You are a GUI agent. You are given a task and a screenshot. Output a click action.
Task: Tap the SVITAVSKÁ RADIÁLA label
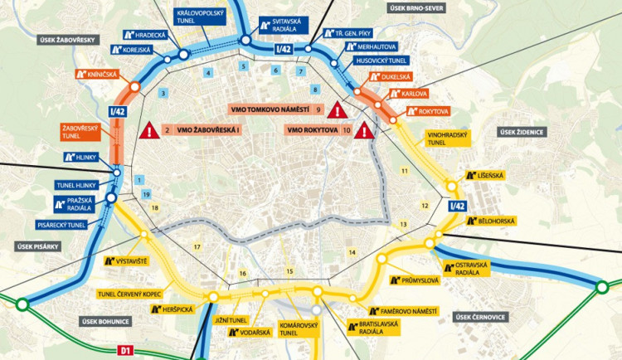(280, 25)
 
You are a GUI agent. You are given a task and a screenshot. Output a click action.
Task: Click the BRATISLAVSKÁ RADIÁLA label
(370, 328)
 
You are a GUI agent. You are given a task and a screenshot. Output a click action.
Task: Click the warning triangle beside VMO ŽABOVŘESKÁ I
(150, 130)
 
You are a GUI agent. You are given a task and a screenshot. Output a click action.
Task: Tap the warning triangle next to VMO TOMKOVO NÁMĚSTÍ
(337, 110)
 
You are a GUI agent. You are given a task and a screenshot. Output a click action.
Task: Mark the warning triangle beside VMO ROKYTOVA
(363, 130)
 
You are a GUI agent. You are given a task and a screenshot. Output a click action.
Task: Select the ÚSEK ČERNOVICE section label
(479, 316)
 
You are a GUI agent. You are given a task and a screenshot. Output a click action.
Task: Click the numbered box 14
(352, 251)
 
